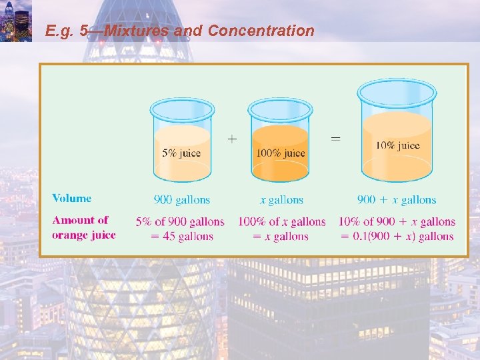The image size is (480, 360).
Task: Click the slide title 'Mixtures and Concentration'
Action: tap(180, 31)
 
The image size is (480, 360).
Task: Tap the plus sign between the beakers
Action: tap(231, 139)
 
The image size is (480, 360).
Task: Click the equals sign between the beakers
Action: tap(336, 139)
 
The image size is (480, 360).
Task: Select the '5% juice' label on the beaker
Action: tap(181, 153)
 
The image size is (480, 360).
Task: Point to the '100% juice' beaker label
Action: tap(281, 153)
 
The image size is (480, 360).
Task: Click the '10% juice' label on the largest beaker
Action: tap(397, 145)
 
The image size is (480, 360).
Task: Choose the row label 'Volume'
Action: tap(72, 198)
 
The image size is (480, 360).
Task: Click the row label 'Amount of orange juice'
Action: tap(83, 227)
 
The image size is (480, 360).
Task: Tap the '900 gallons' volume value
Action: tap(181, 200)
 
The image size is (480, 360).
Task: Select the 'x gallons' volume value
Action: tap(281, 200)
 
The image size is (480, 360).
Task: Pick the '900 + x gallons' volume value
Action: tap(397, 200)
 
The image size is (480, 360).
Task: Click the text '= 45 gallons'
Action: tap(181, 236)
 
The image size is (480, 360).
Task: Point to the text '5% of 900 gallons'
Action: tap(181, 221)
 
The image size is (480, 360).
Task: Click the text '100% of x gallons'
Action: tap(282, 221)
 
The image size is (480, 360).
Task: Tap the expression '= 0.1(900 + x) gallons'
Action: tap(397, 236)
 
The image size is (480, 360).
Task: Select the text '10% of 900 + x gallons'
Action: tap(397, 221)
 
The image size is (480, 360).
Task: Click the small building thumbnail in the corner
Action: tap(15, 21)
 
